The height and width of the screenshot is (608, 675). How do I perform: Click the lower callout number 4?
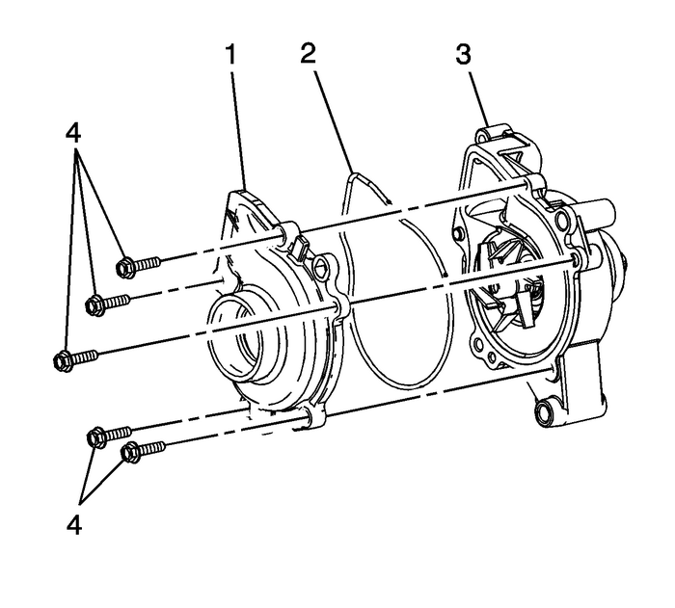click(73, 526)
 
